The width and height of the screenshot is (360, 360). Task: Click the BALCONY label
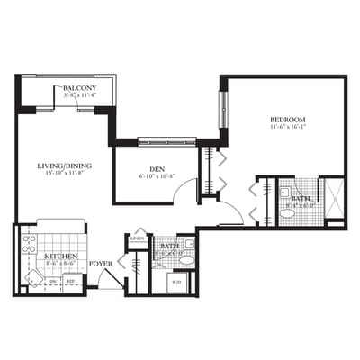[x=80, y=87]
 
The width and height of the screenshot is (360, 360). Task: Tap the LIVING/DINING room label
[x=62, y=166]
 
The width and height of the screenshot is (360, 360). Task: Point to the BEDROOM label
[x=287, y=120]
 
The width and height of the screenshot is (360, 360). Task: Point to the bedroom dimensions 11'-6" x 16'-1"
[x=287, y=128]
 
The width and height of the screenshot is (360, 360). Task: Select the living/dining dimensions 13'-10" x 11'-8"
[x=62, y=174]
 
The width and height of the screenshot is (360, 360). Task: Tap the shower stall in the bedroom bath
[x=333, y=200]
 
